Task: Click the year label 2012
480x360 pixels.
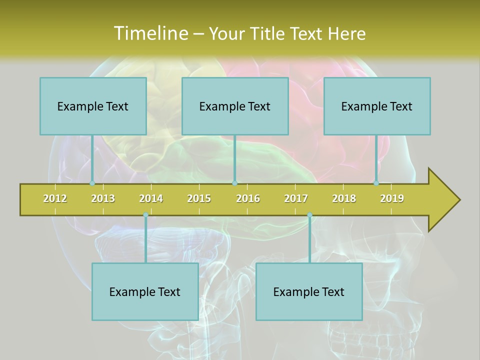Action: [x=55, y=198]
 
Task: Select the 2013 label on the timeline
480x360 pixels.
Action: [x=103, y=198]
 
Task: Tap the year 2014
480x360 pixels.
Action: [x=151, y=198]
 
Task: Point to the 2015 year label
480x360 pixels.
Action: [x=199, y=198]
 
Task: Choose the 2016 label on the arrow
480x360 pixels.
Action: [x=248, y=198]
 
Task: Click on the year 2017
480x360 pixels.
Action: [x=296, y=198]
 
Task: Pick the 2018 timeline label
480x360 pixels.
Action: [x=344, y=198]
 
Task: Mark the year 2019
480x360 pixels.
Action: [x=392, y=198]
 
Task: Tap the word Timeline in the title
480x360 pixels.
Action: [x=150, y=33]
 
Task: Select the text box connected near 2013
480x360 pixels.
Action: [x=93, y=106]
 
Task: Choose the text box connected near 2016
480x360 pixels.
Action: [x=235, y=106]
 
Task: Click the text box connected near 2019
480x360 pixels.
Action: [x=377, y=106]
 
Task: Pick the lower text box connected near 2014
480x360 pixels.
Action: [x=145, y=291]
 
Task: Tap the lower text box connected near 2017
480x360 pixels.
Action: [x=309, y=291]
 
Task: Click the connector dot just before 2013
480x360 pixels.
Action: [x=92, y=183]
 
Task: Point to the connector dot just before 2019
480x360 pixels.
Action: [x=376, y=183]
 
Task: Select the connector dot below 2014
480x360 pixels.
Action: [x=145, y=215]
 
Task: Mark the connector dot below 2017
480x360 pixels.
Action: [x=309, y=215]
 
